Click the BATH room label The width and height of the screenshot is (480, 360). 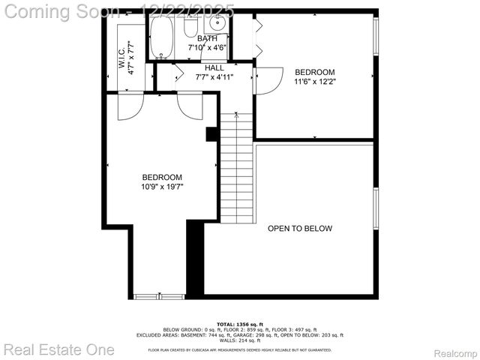(x=208, y=38)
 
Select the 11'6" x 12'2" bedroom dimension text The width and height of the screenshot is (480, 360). (x=314, y=83)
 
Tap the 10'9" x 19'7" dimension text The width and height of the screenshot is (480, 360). (x=162, y=187)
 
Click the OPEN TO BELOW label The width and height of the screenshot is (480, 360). (x=300, y=229)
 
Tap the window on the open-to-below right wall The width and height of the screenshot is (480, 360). (x=376, y=209)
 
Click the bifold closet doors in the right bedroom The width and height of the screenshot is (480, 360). (x=259, y=37)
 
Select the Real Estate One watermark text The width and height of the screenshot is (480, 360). (x=59, y=349)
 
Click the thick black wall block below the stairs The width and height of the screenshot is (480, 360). (x=195, y=259)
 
